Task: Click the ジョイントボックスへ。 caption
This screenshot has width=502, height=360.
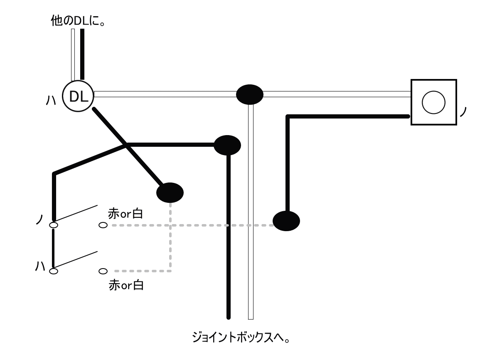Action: pyautogui.click(x=241, y=336)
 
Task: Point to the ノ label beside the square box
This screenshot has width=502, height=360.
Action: pyautogui.click(x=464, y=112)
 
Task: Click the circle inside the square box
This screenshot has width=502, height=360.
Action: pyautogui.click(x=433, y=102)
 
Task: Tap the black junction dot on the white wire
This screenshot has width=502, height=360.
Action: pyautogui.click(x=249, y=95)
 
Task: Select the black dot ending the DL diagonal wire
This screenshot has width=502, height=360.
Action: pyautogui.click(x=170, y=192)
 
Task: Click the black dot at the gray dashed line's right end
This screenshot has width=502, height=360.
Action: pyautogui.click(x=286, y=221)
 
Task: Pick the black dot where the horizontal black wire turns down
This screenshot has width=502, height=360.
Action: pyautogui.click(x=227, y=145)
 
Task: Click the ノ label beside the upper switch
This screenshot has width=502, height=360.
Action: pyautogui.click(x=40, y=219)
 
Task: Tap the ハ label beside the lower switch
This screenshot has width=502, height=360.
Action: pyautogui.click(x=40, y=266)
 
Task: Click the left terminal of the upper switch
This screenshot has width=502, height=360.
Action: pyautogui.click(x=54, y=225)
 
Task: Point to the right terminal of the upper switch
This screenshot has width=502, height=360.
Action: pyautogui.click(x=103, y=225)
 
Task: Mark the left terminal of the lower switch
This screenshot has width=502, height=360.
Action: pyautogui.click(x=54, y=271)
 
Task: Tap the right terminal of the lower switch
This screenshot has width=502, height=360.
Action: pyautogui.click(x=103, y=271)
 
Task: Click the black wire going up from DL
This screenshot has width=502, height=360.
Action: pyautogui.click(x=82, y=54)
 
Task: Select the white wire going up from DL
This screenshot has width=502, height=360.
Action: pyautogui.click(x=73, y=54)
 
